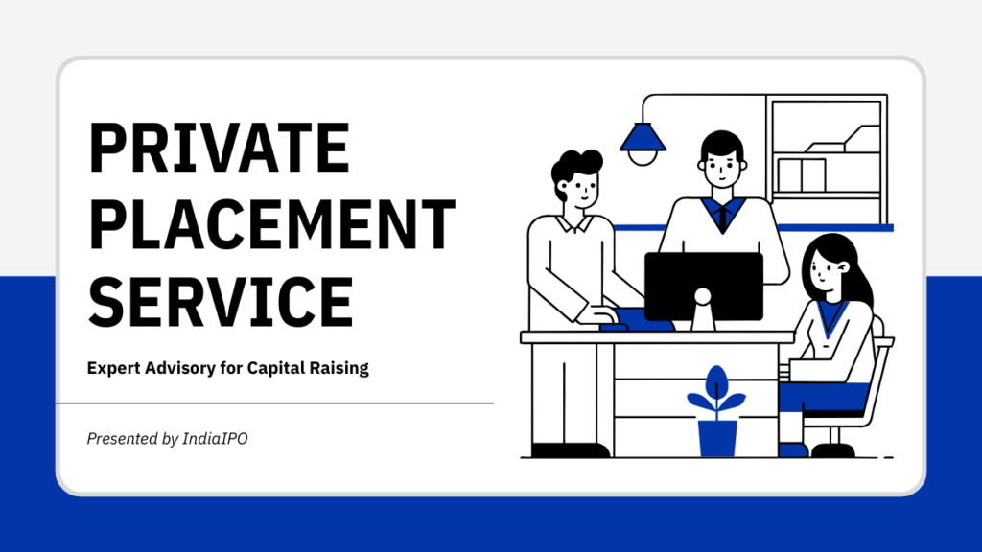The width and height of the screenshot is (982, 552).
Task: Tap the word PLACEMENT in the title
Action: point(271,223)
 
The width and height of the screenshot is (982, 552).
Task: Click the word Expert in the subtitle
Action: point(113,368)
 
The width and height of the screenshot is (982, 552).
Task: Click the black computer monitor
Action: point(703,284)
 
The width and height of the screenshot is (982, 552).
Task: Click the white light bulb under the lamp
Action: point(642,156)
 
